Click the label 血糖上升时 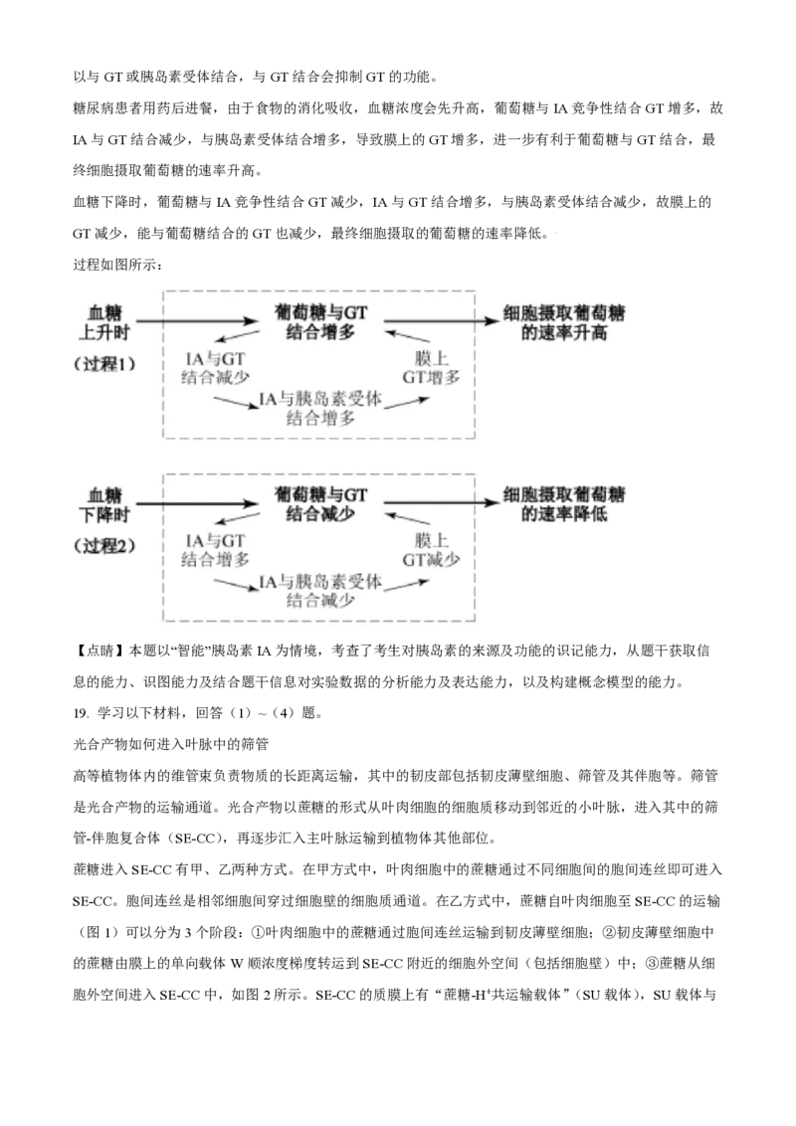104,322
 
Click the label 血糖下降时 104,504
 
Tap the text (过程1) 103,364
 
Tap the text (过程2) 103,546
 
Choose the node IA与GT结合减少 215,367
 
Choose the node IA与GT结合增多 215,549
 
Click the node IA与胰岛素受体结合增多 320,409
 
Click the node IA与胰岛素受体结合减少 320,591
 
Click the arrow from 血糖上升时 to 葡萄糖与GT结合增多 198,321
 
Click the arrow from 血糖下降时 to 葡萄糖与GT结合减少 198,503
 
